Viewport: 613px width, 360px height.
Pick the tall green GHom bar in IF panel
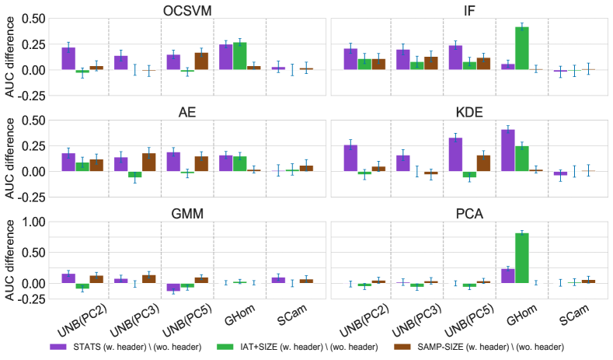pyautogui.click(x=522, y=48)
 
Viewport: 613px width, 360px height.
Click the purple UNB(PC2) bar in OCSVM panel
pyautogui.click(x=68, y=59)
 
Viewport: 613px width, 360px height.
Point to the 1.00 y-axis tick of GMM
pyautogui.click(x=33, y=222)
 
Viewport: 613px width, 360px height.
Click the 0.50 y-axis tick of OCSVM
pyautogui.click(x=33, y=19)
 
